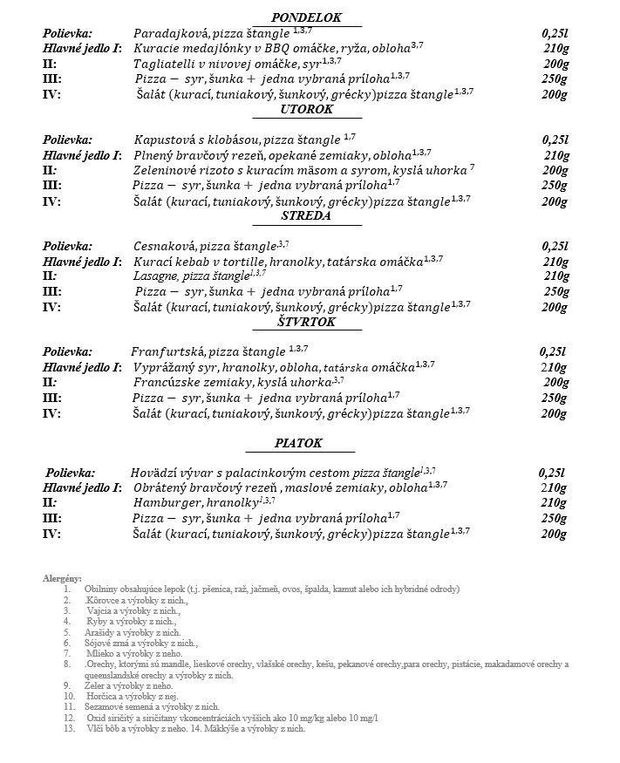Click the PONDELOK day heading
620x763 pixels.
pyautogui.click(x=306, y=17)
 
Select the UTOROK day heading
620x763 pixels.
pyautogui.click(x=307, y=109)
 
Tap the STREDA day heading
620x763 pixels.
pyautogui.click(x=305, y=216)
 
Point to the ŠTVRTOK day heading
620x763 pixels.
pyautogui.click(x=306, y=323)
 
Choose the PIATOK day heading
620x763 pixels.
pyautogui.click(x=299, y=443)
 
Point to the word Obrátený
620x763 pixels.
pyautogui.click(x=163, y=488)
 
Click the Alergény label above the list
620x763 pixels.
pyautogui.click(x=62, y=578)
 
